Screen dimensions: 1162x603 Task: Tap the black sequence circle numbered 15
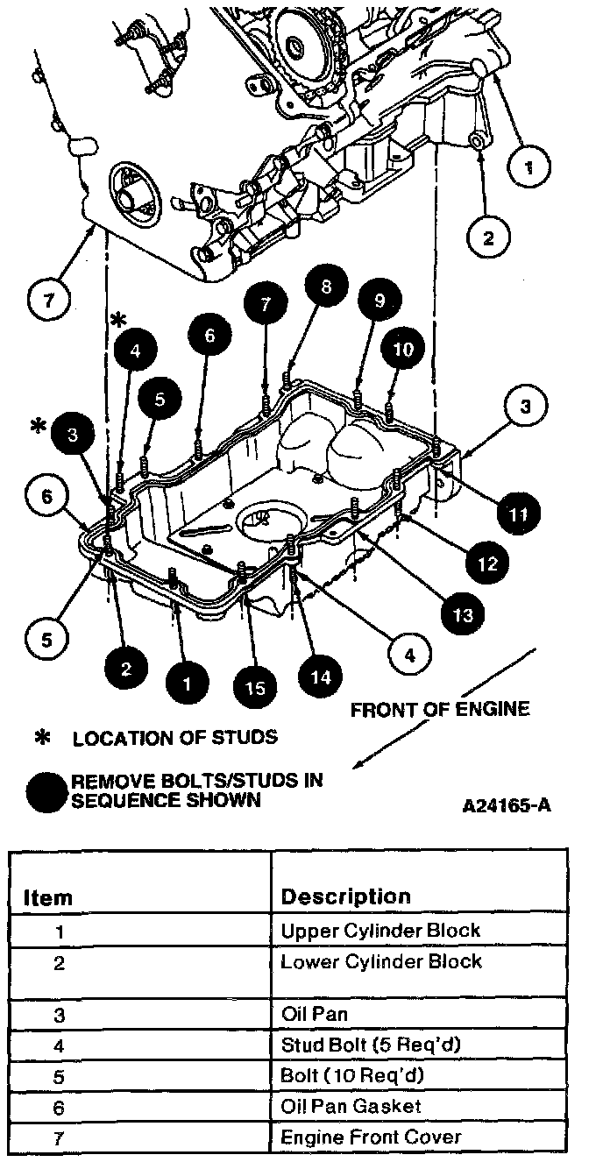pos(255,687)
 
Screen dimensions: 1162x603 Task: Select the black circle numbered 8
pos(326,289)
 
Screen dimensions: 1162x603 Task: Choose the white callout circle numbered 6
pos(46,496)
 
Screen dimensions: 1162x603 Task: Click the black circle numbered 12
pos(486,563)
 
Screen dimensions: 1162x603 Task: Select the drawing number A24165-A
pos(506,804)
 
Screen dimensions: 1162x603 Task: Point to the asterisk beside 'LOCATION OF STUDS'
pos(40,738)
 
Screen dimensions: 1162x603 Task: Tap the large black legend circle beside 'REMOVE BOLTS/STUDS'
pos(47,790)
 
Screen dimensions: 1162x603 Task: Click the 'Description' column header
pos(344,896)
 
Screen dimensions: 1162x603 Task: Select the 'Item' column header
pos(47,898)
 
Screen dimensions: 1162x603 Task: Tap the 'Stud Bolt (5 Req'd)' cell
pos(370,1045)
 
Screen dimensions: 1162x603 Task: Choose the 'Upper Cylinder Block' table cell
pos(380,931)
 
